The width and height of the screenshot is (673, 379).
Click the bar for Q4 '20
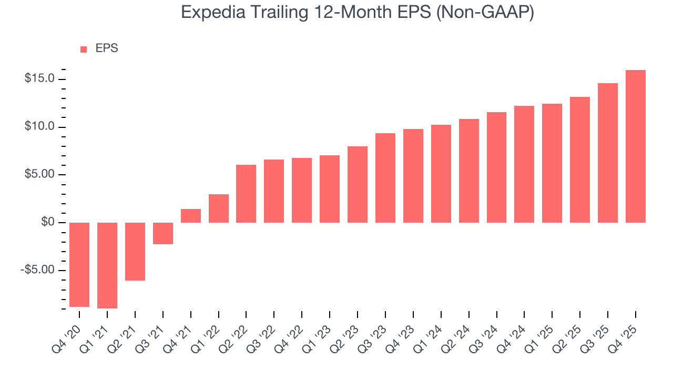pos(79,264)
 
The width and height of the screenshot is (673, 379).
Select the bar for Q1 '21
pos(107,265)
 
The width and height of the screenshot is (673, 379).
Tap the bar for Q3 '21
pos(163,233)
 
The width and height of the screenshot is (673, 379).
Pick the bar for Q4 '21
pos(191,216)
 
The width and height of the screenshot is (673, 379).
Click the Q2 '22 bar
pos(246,194)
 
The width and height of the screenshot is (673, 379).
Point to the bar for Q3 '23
pos(385,178)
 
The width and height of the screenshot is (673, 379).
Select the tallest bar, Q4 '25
pos(636,146)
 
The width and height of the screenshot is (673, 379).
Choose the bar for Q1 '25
pos(552,163)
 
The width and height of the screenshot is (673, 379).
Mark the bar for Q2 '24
pos(469,171)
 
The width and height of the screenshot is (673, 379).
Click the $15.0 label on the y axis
pos(39,79)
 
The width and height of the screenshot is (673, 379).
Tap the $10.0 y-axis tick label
pos(39,127)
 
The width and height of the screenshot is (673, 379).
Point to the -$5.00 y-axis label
pos(38,270)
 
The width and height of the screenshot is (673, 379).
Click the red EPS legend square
pos(84,49)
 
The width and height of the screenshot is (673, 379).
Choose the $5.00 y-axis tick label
pos(39,175)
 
